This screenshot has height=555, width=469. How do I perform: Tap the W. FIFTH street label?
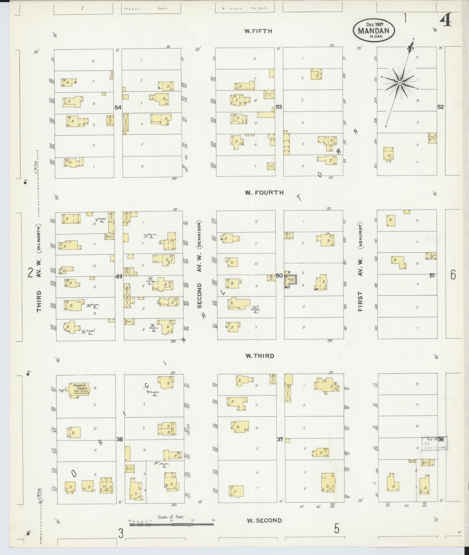pyautogui.click(x=258, y=31)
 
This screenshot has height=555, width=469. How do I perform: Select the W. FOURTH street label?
pyautogui.click(x=264, y=192)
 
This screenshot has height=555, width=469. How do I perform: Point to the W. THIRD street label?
pyautogui.click(x=259, y=356)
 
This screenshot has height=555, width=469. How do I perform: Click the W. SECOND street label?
pyautogui.click(x=264, y=520)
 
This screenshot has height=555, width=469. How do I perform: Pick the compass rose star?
pyautogui.click(x=400, y=83)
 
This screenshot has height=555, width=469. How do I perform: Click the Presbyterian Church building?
pyautogui.click(x=79, y=389)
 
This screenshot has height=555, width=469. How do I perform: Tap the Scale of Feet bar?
pyautogui.click(x=171, y=524)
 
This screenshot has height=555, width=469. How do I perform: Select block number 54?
pyautogui.click(x=118, y=107)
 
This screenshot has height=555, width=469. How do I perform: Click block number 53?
pyautogui.click(x=278, y=106)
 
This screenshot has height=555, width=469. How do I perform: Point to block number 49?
pyautogui.click(x=119, y=277)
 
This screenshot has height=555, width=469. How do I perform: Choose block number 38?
pyautogui.click(x=120, y=439)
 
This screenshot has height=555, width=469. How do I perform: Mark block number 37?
pyautogui.click(x=280, y=439)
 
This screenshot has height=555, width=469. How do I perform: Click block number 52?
pyautogui.click(x=440, y=107)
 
